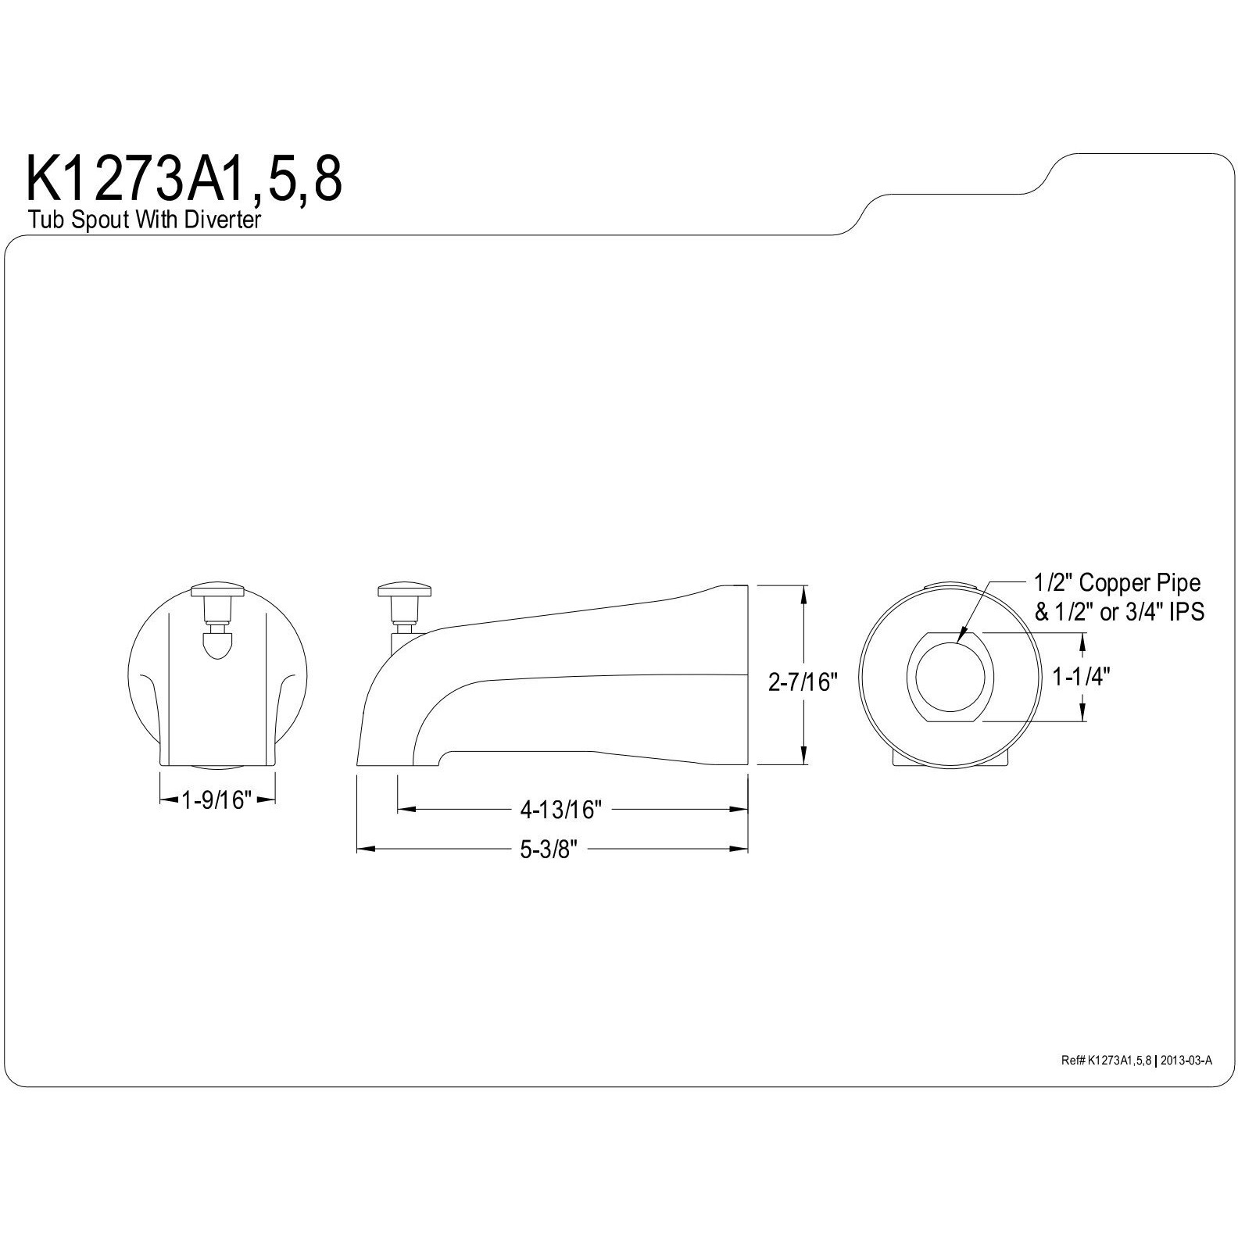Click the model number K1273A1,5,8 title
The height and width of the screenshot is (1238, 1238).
[x=184, y=181]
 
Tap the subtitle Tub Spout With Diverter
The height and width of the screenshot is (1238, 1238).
[x=144, y=220]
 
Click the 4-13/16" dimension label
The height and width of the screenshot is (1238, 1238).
[x=560, y=810]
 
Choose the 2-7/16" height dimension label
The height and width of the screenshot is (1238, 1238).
[x=803, y=682]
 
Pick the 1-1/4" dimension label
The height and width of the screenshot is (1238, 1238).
[x=1081, y=676]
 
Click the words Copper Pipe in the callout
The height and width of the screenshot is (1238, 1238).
[x=1140, y=582]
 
